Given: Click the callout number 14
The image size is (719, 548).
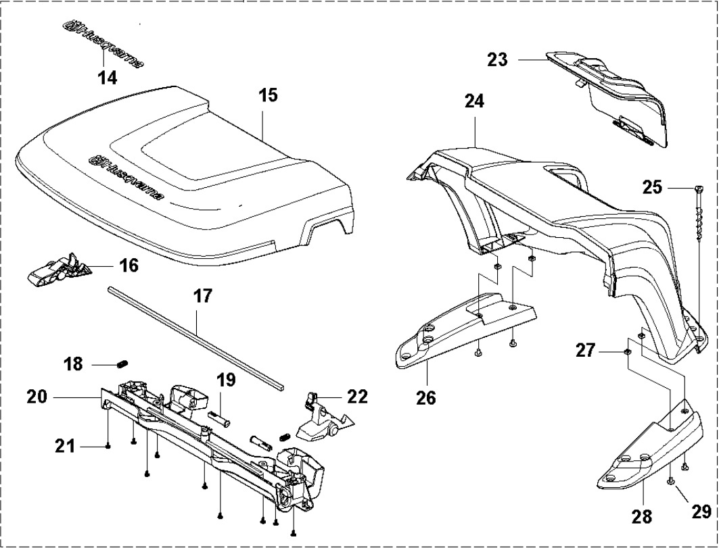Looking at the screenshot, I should click(107, 78).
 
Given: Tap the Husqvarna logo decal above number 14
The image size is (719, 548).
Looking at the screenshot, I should click(103, 44).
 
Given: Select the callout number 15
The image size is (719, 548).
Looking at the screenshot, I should click(268, 95).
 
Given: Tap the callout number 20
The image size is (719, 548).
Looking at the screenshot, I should click(37, 397).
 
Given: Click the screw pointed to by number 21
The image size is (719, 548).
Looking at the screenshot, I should click(109, 446).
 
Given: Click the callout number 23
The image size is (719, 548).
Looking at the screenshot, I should click(497, 60).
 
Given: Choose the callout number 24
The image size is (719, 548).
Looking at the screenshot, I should click(474, 103).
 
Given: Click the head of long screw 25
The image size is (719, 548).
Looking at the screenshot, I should click(697, 189).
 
